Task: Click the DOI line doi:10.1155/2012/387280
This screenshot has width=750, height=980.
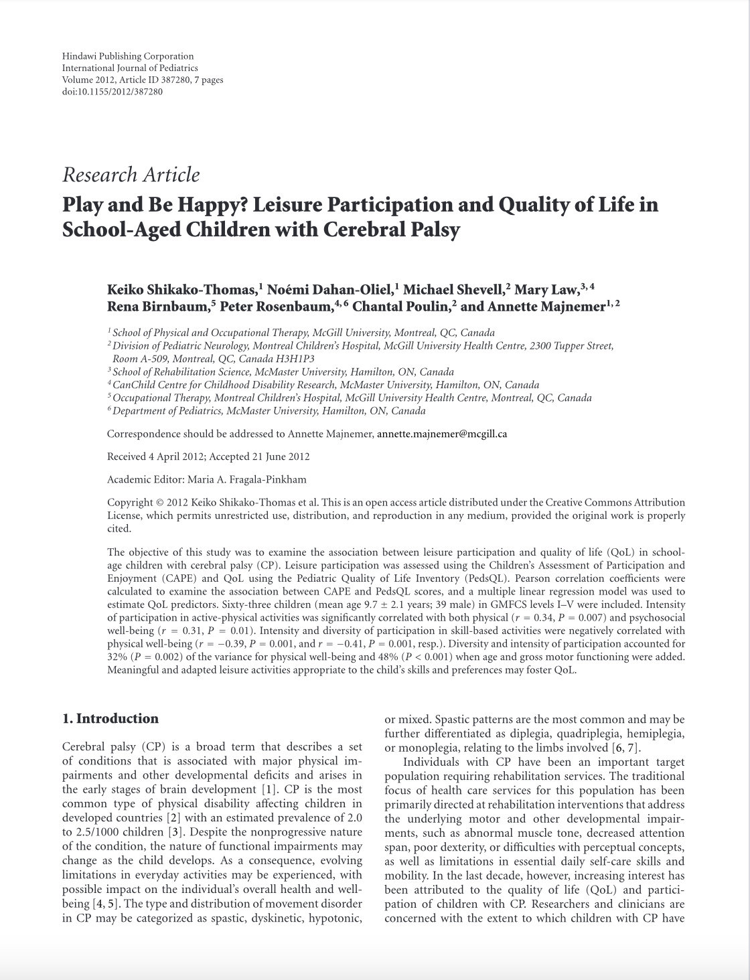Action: [x=112, y=92]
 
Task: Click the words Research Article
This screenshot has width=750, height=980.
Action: [x=131, y=175]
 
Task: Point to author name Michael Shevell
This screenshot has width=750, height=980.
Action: [x=453, y=291]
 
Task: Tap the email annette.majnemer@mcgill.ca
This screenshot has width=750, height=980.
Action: [x=442, y=434]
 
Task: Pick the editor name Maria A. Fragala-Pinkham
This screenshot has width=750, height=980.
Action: [x=250, y=479]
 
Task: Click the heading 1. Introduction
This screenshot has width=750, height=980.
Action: [x=110, y=719]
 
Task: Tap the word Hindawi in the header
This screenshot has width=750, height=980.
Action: [x=79, y=56]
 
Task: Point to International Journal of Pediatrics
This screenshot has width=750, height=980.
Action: [x=130, y=68]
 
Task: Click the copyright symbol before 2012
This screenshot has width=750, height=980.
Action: [x=159, y=503]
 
